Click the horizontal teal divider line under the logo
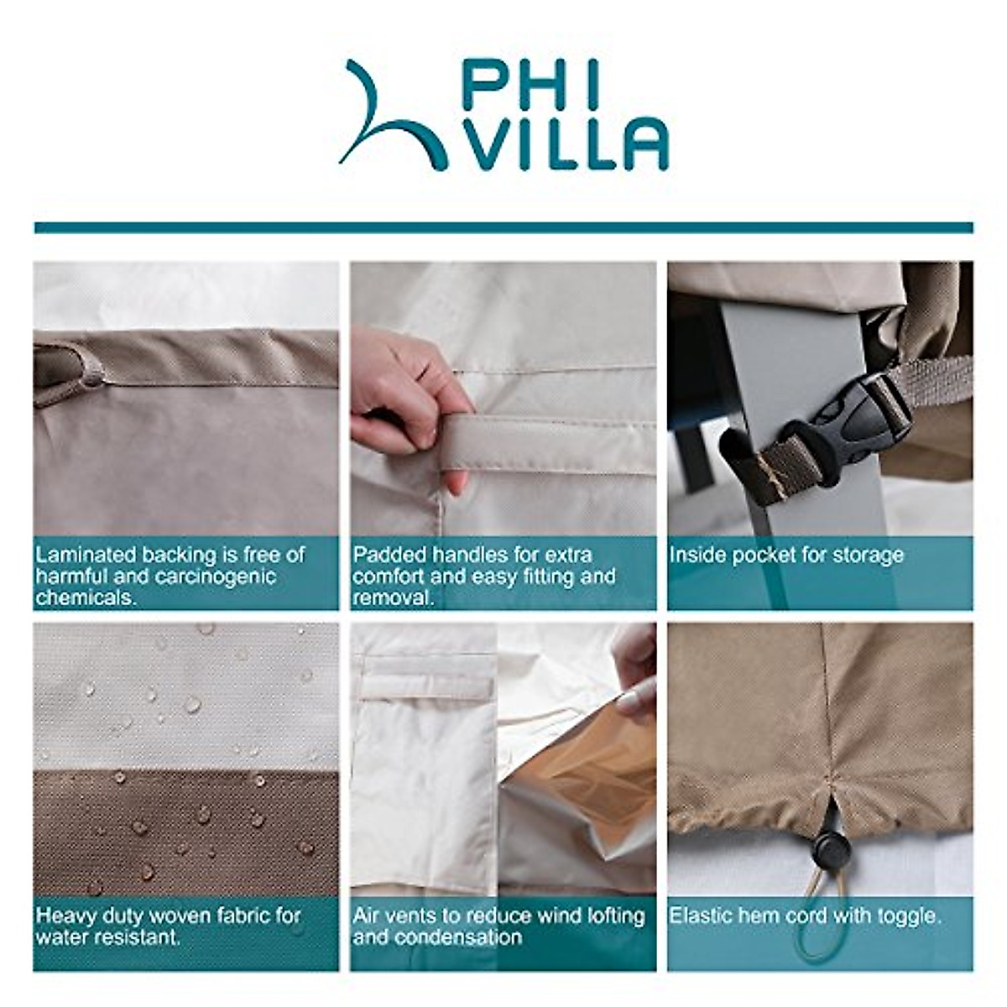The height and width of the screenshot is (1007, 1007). point(503,227)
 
